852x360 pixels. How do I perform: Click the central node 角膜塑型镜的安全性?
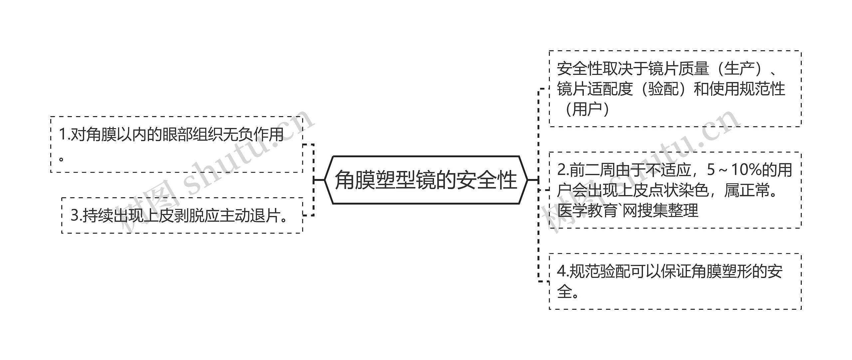426,180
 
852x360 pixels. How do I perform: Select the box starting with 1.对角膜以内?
176,144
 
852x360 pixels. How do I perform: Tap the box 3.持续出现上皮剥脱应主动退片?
182,215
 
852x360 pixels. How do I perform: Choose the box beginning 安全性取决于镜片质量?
675,89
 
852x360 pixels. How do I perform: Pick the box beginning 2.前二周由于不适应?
675,190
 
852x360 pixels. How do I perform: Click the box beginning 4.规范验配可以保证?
675,281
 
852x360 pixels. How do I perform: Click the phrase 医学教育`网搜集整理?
627,211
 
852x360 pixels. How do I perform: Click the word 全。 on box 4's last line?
568,292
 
